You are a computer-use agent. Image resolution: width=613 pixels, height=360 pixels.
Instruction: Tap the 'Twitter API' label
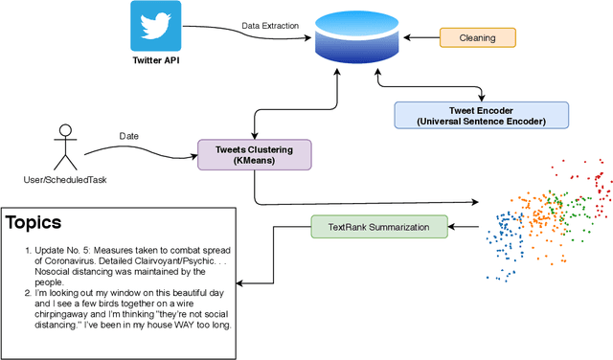[x=156, y=60]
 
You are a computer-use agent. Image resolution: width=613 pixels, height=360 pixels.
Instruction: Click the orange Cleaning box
[x=477, y=38]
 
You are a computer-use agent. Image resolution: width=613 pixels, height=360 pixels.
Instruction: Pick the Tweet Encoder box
[x=481, y=115]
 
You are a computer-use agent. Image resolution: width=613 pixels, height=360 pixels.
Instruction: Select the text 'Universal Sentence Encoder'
[x=481, y=122]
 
